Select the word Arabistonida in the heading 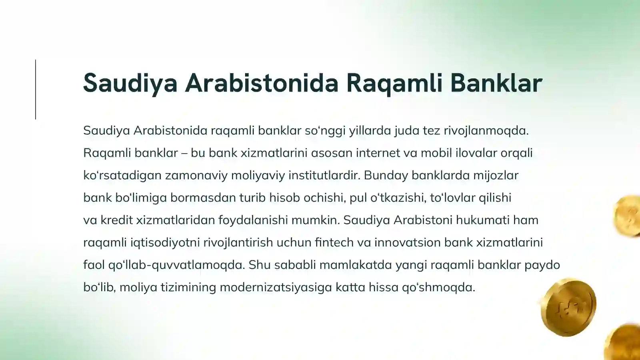point(262,83)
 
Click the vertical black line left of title point(36,89)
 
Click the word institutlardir point(324,176)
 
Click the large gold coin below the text point(568,307)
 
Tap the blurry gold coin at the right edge point(628,216)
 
